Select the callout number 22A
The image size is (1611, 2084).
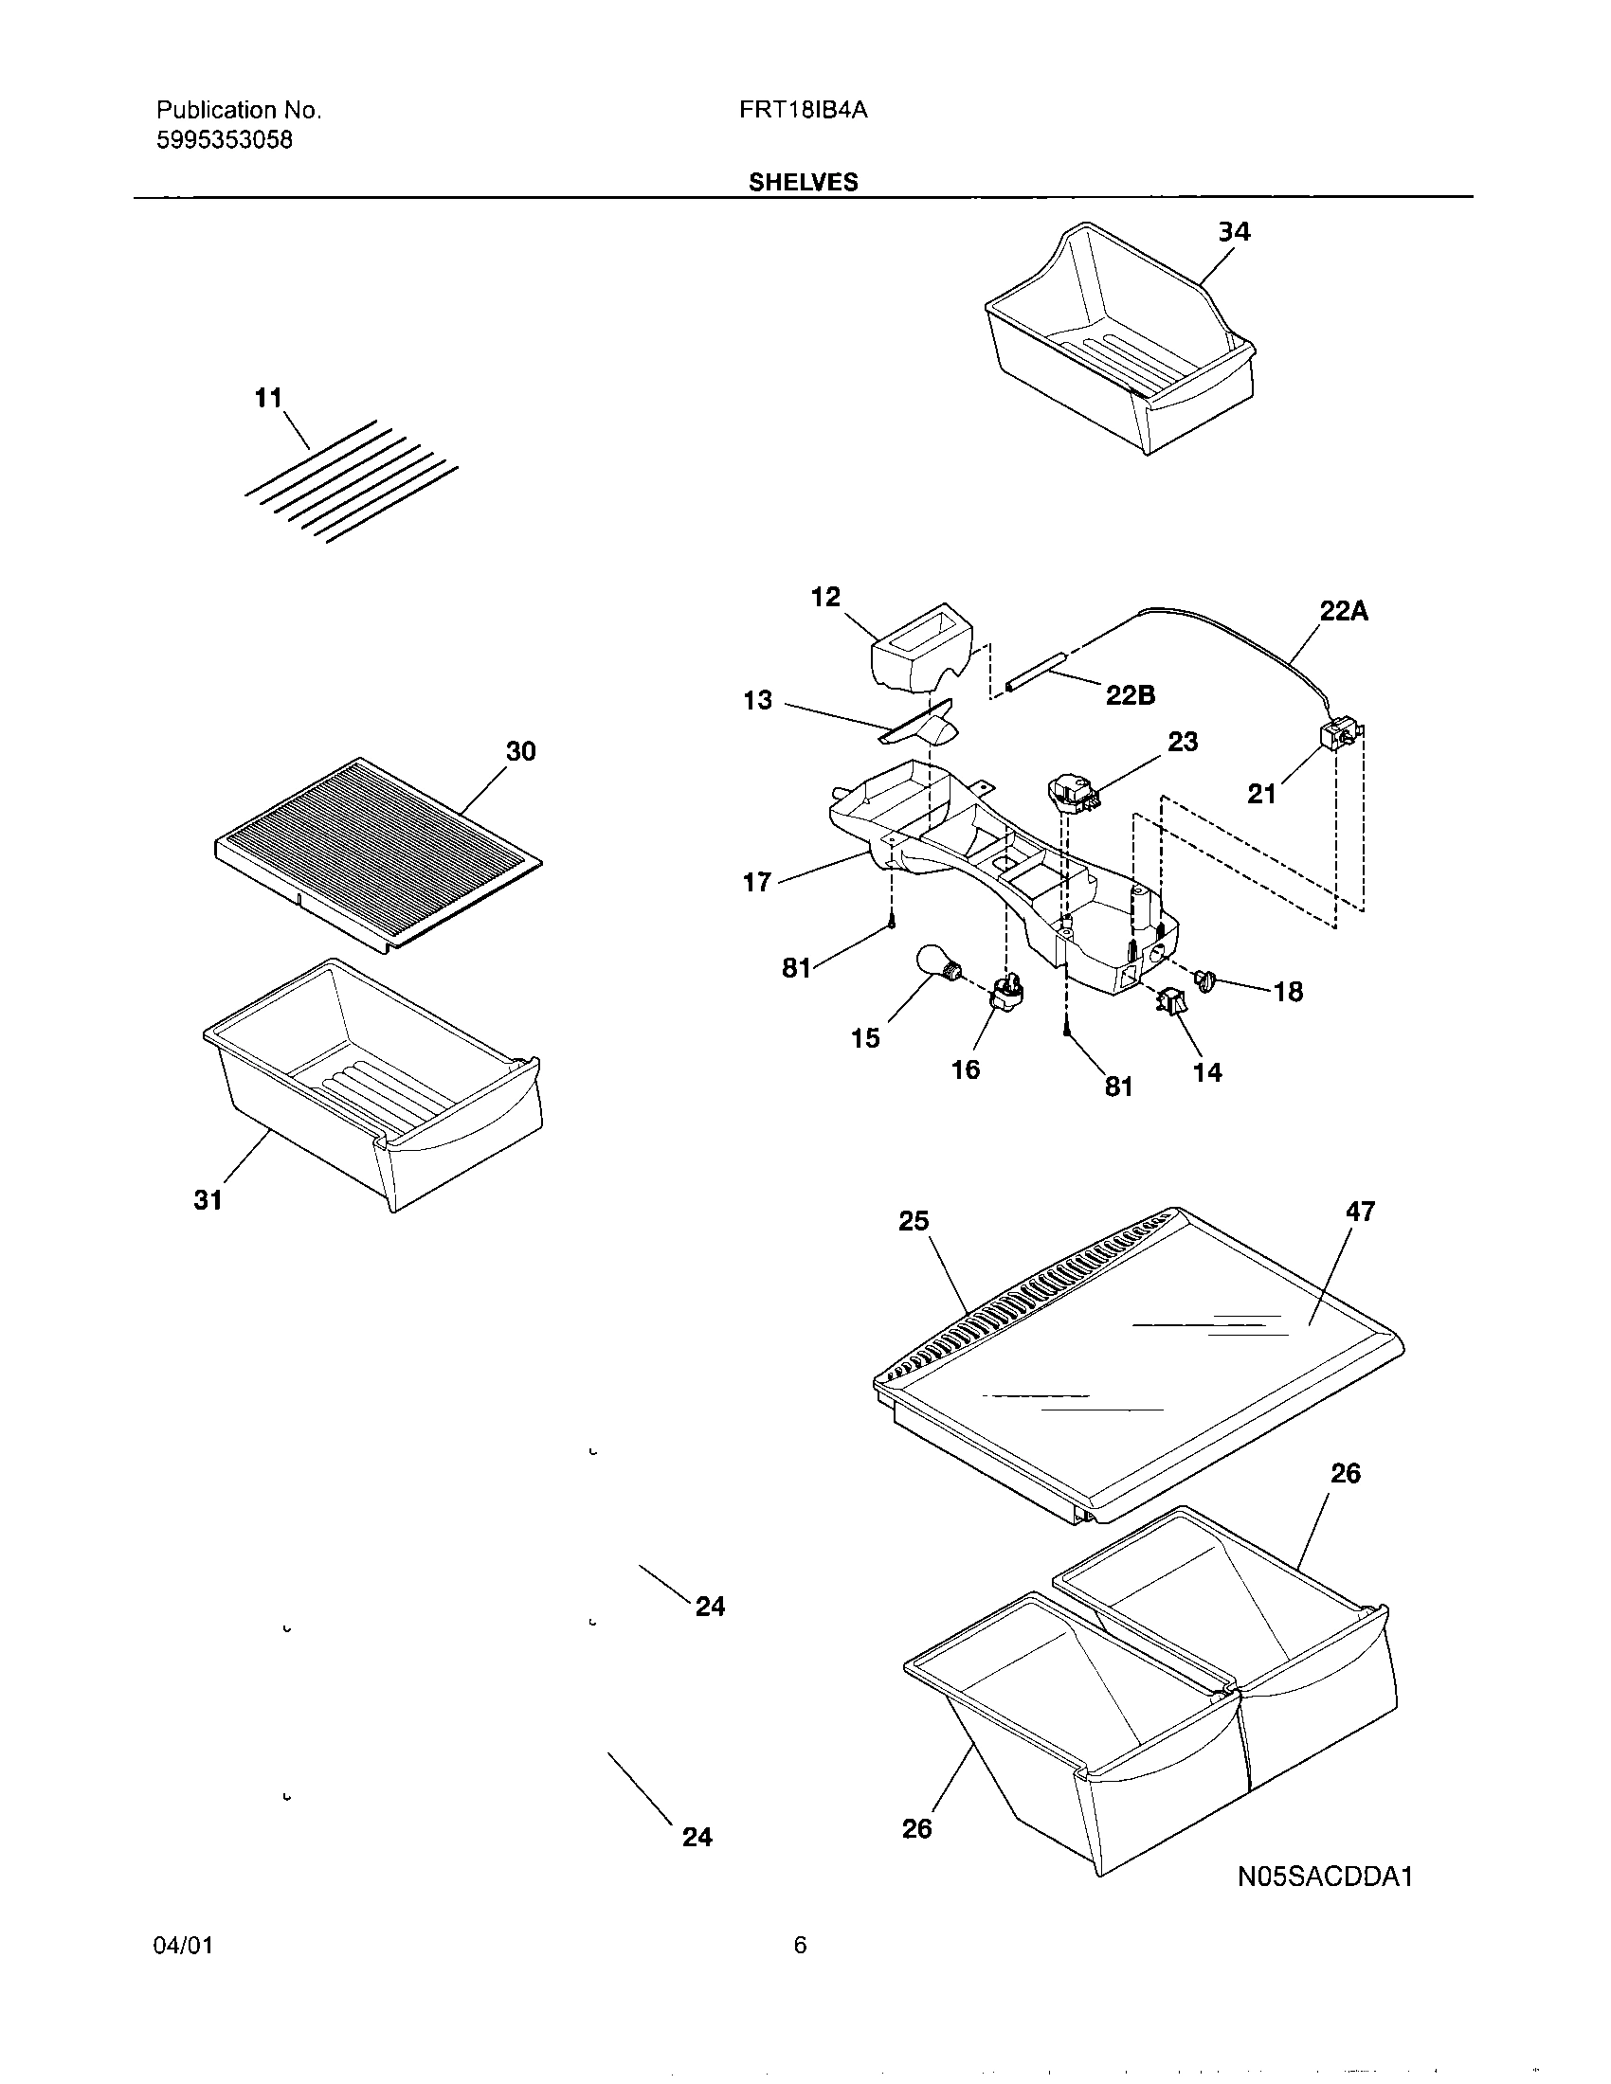click(x=1343, y=612)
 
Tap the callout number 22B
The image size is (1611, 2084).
click(x=1130, y=695)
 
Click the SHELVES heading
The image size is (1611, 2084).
click(x=803, y=182)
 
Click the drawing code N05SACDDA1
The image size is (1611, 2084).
click(x=1325, y=1877)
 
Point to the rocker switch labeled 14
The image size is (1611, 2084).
click(x=1167, y=1001)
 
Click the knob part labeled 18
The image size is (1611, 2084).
click(x=1207, y=979)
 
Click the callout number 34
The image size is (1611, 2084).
click(x=1234, y=232)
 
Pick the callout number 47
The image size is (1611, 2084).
click(x=1359, y=1211)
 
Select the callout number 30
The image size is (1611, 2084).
click(x=520, y=752)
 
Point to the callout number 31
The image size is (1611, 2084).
click(x=208, y=1199)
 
